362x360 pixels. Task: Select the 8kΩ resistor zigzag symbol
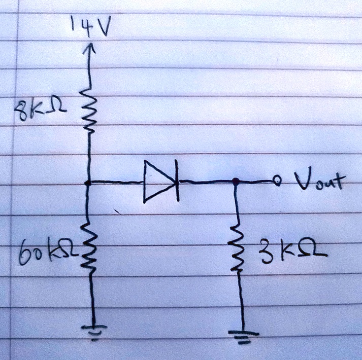coord(89,113)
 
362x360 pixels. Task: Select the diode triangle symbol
coord(158,181)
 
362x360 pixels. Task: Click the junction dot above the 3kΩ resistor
coord(235,181)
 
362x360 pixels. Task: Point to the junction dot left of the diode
coord(89,182)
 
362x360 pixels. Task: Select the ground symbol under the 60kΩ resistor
coord(94,330)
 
